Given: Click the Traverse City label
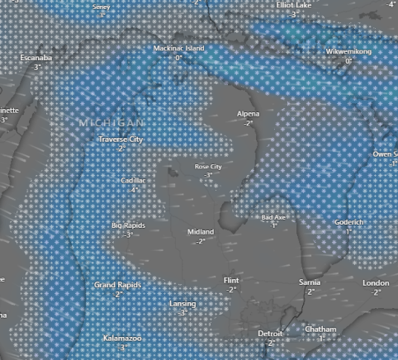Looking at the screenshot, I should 121,140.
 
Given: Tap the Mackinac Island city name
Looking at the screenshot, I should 178,49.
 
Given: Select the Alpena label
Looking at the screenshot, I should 248,113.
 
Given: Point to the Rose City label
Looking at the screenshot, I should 208,167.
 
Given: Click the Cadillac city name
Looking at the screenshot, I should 133,180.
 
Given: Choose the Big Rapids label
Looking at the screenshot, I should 128,225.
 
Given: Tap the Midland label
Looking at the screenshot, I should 201,232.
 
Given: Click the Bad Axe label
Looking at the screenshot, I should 273,217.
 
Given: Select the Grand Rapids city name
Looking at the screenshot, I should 118,285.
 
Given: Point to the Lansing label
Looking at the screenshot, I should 182,304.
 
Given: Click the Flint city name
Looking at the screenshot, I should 232,281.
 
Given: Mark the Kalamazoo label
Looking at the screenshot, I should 122,339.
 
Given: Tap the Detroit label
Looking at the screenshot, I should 269,334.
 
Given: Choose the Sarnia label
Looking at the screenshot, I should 310,282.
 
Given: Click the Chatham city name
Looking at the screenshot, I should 320,329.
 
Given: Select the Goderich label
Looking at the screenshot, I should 348,222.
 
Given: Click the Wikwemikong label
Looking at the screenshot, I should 348,52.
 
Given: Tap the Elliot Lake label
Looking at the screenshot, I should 294,5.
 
